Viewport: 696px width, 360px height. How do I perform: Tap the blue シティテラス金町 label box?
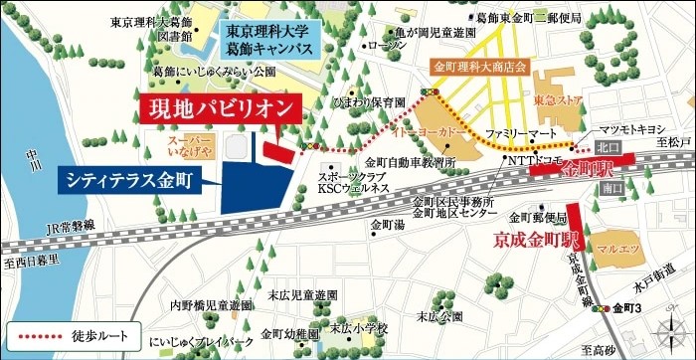pyautogui.click(x=130, y=180)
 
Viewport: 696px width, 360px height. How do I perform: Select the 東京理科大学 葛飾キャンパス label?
pyautogui.click(x=267, y=38)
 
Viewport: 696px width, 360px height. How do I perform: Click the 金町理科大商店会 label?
pyautogui.click(x=482, y=67)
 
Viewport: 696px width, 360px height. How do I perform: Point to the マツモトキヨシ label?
pyautogui.click(x=629, y=129)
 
